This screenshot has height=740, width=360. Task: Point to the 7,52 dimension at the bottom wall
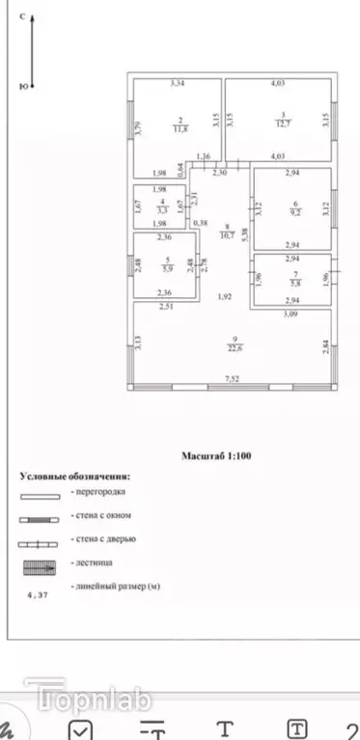233,379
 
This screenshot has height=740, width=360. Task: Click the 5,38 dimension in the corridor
244,232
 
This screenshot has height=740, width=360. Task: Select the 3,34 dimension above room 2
177,85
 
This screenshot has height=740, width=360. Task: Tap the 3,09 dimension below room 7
291,315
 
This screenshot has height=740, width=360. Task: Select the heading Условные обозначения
75,477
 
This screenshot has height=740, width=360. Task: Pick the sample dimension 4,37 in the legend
40,596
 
